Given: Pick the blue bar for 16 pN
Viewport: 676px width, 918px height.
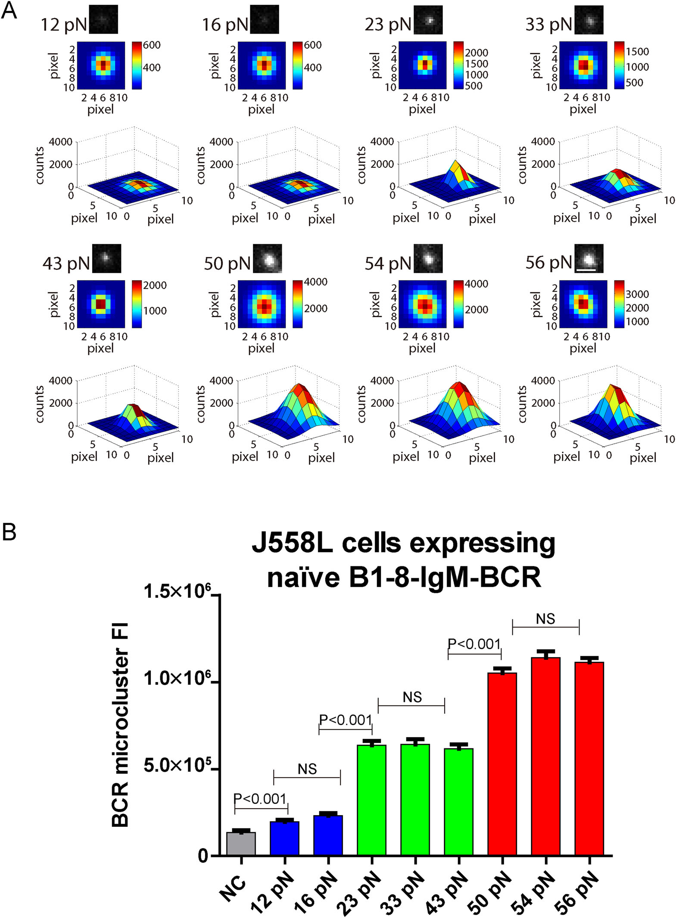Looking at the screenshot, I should (x=328, y=835).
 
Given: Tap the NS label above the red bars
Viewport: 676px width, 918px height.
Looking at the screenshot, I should (x=545, y=619).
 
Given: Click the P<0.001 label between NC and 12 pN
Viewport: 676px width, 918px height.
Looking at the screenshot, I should (x=260, y=799).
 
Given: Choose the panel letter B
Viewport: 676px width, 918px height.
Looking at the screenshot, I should (x=9, y=532).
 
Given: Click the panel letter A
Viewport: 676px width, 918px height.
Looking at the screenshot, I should (x=9, y=10).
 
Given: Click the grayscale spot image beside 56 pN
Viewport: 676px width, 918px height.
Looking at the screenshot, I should (x=589, y=259).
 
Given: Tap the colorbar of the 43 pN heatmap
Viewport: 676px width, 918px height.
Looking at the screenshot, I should (x=137, y=304).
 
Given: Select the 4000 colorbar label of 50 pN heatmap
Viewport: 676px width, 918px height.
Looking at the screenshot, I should (x=315, y=282).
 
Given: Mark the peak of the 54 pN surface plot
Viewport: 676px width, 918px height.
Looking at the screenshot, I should (x=459, y=383).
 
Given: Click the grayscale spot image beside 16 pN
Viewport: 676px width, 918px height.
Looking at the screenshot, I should (x=264, y=19).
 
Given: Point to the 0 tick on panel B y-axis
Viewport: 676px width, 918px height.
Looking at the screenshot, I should (x=202, y=856).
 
